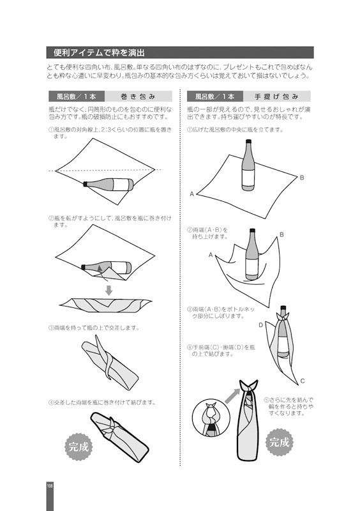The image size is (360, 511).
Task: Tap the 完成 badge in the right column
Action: pyautogui.click(x=279, y=441)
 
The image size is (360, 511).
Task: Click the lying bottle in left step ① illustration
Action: pyautogui.click(x=109, y=185)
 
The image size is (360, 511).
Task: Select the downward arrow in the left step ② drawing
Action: pyautogui.click(x=109, y=291)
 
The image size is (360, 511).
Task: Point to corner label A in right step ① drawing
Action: pyautogui.click(x=191, y=193)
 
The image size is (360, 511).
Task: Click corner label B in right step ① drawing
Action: pyautogui.click(x=302, y=177)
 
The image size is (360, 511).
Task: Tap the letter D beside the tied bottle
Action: pyautogui.click(x=261, y=325)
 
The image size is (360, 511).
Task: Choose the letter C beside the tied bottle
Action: pyautogui.click(x=302, y=381)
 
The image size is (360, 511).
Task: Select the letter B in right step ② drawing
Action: pyautogui.click(x=281, y=235)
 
